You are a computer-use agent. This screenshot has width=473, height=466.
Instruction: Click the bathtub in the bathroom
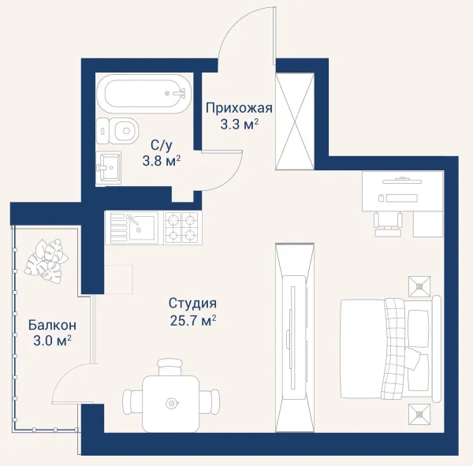click(144, 94)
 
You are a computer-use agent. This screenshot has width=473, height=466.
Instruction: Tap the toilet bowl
click(118, 131)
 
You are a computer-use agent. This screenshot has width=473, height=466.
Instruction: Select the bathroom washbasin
click(109, 167)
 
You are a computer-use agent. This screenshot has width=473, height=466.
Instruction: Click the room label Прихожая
click(239, 108)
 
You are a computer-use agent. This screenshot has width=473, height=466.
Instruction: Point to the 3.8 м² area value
click(162, 161)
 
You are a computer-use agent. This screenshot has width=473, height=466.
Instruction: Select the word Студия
click(192, 304)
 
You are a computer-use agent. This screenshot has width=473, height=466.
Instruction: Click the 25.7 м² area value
click(193, 321)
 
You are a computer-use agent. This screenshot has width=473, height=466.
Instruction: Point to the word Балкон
click(52, 326)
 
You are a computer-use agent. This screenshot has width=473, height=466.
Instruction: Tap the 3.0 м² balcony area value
click(52, 341)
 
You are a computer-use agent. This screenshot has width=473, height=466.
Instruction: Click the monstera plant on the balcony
click(47, 261)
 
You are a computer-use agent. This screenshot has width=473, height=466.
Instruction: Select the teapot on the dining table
click(172, 403)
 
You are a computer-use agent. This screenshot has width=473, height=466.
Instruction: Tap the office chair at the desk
click(388, 224)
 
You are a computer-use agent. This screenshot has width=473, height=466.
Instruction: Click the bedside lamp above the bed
click(419, 286)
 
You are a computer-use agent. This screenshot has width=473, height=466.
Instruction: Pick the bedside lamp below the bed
click(419, 415)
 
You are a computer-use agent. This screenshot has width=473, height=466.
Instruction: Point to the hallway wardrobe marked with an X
click(295, 121)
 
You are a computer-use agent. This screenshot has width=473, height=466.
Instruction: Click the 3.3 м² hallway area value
click(239, 124)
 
